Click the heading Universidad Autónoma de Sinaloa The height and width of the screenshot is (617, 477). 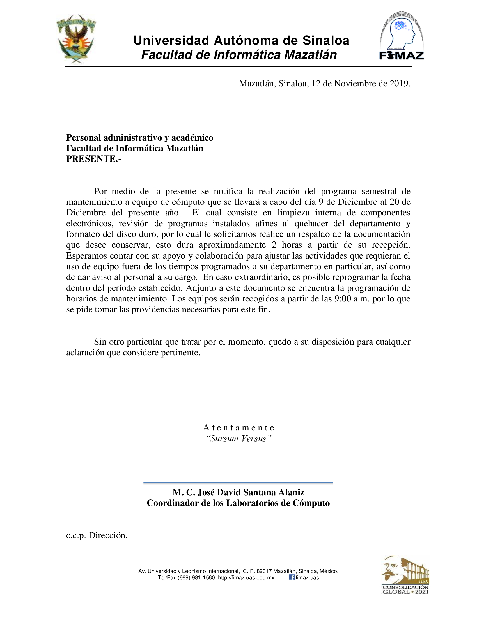[x=241, y=41]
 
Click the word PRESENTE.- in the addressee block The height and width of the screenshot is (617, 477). [x=93, y=159]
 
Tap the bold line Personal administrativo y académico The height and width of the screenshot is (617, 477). [x=140, y=138]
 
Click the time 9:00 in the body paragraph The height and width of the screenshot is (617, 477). [x=343, y=299]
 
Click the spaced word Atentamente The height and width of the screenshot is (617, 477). [x=238, y=428]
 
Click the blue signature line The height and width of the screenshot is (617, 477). [x=238, y=483]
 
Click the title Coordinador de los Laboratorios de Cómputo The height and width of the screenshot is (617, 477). [x=238, y=503]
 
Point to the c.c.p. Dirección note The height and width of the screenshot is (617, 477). [x=97, y=535]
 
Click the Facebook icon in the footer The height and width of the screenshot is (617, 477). [x=291, y=577]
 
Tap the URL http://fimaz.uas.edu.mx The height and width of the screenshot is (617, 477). [x=246, y=578]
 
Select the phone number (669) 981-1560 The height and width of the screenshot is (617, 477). [x=196, y=578]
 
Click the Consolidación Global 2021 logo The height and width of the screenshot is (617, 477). [x=405, y=575]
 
